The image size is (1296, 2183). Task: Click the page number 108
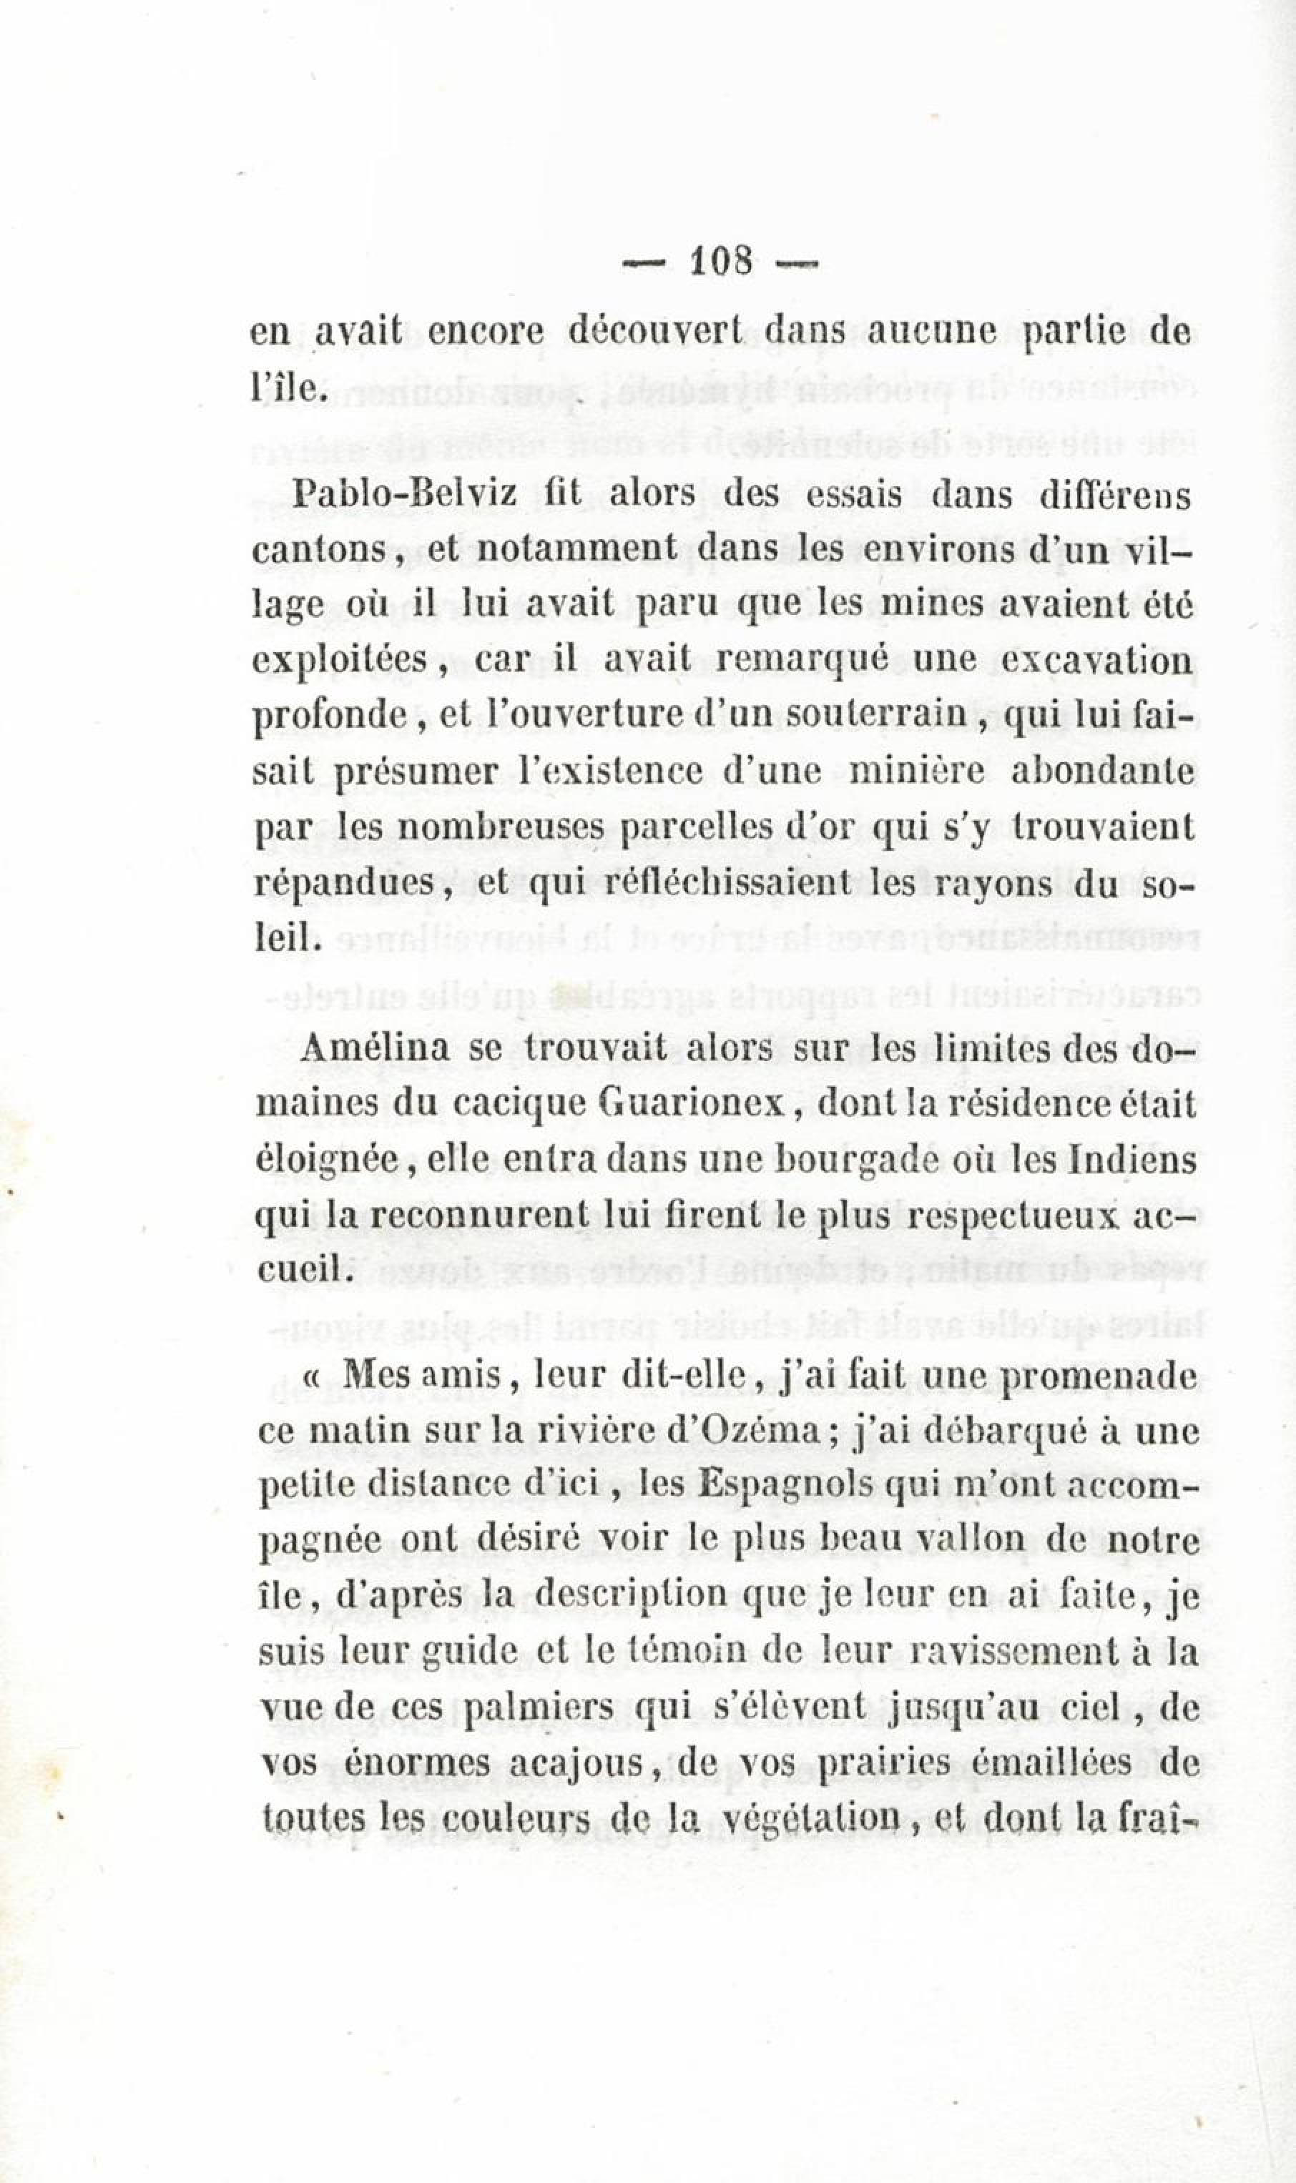720,260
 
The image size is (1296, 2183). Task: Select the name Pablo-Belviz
407,495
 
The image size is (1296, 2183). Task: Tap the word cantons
320,551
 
